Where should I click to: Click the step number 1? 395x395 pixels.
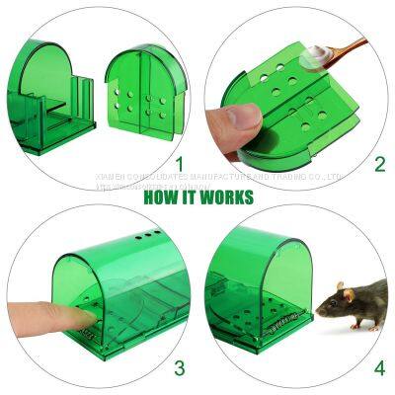pyautogui.click(x=179, y=163)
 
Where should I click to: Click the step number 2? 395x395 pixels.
pyautogui.click(x=378, y=163)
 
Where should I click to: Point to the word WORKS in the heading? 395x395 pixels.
pyautogui.click(x=227, y=196)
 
